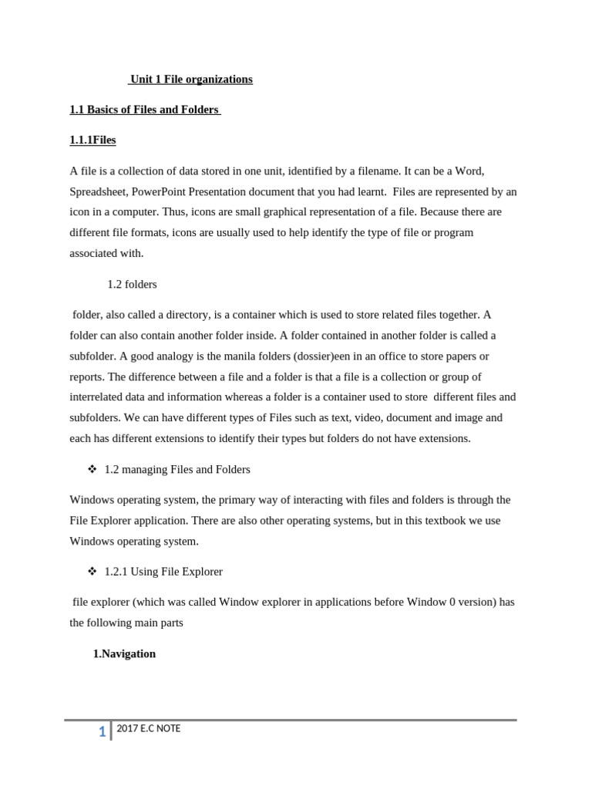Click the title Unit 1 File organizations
pos(191,79)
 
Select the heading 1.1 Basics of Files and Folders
pos(144,110)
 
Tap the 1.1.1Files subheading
pos(92,140)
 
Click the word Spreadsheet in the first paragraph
pos(99,191)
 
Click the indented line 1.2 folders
pos(132,285)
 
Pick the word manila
pos(243,356)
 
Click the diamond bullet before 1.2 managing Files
pos(92,469)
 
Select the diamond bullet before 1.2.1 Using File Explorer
pos(92,572)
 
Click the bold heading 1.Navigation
pos(124,654)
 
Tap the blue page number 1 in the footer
pos(102,732)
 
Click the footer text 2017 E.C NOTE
pos(148,728)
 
